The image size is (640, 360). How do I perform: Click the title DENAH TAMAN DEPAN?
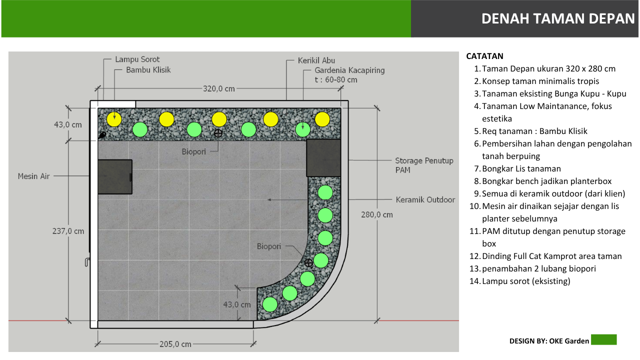(558, 18)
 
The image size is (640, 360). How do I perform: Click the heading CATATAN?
(484, 56)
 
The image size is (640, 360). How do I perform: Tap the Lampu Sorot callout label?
(137, 59)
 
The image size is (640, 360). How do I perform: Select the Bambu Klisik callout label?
(148, 70)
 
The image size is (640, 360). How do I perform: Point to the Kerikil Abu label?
(316, 60)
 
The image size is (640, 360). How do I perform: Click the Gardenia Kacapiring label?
(349, 70)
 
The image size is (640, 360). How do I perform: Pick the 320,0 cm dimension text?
(219, 89)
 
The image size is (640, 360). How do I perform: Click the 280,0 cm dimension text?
(377, 215)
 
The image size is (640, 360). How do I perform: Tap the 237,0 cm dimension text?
(68, 231)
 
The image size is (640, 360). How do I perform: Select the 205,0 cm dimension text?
(175, 344)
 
